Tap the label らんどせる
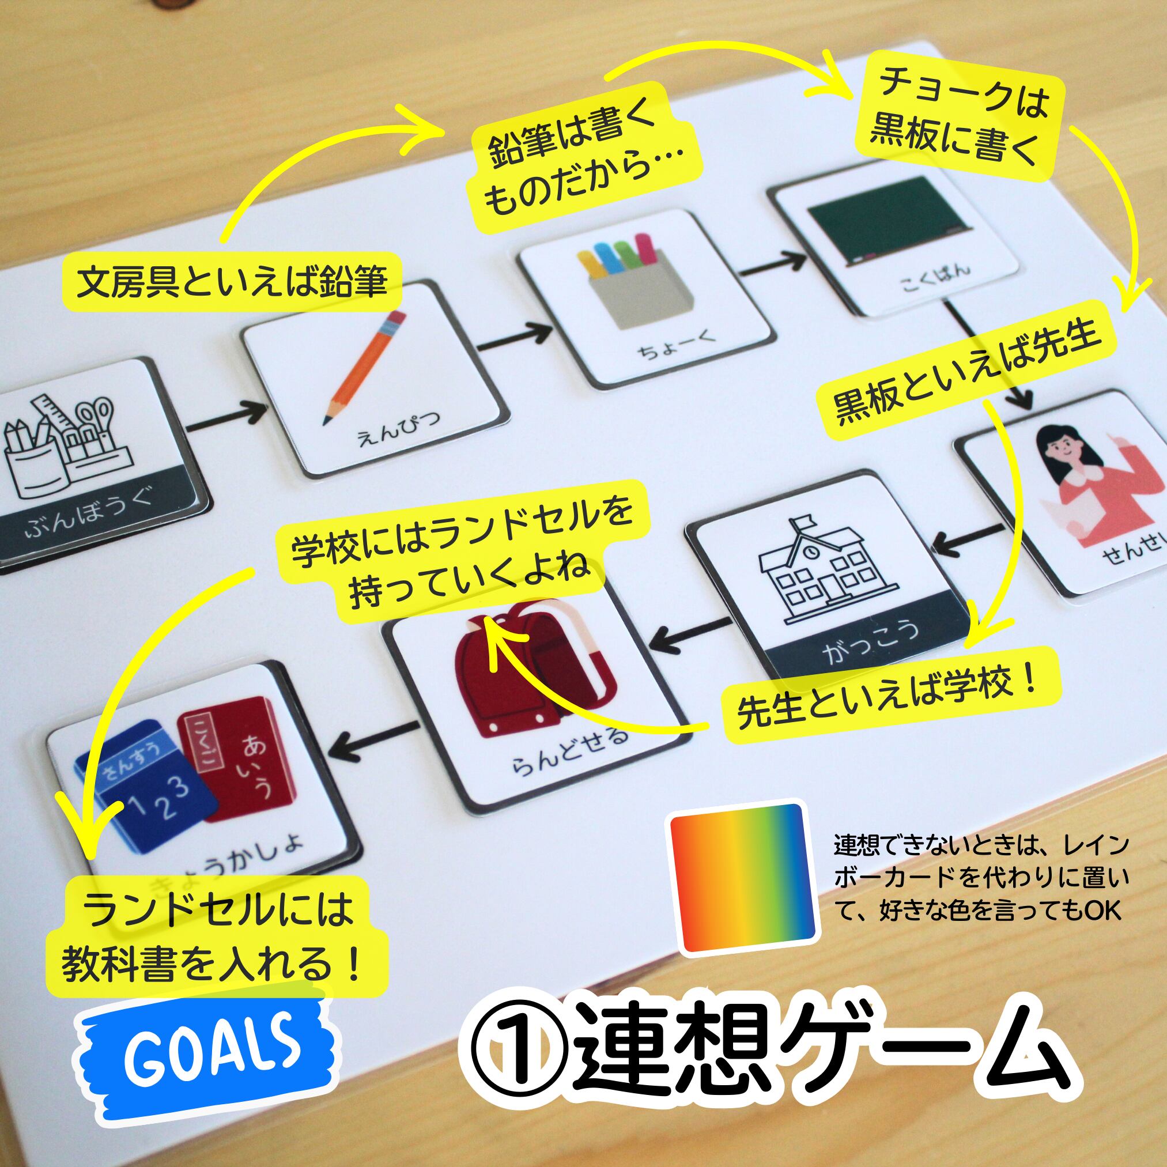569,750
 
